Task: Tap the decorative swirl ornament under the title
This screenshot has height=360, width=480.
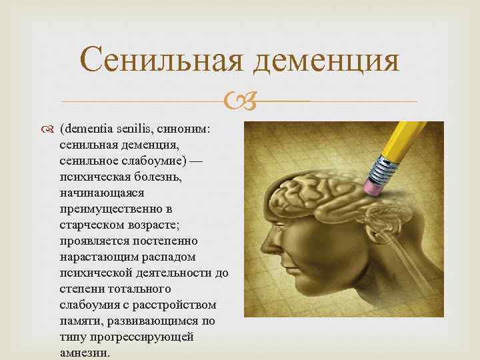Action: click(239, 102)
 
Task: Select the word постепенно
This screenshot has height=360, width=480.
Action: click(163, 241)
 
